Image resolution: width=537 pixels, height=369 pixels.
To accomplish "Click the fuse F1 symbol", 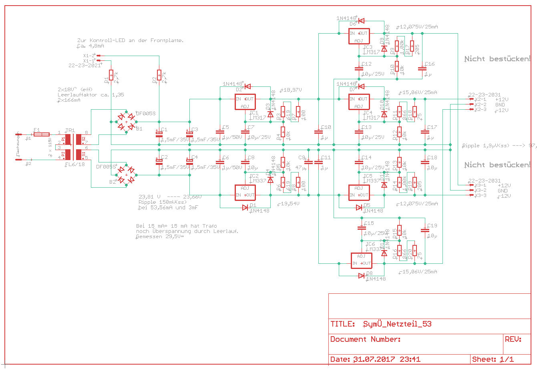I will click(x=41, y=134).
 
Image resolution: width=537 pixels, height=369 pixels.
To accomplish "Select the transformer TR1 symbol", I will click(x=73, y=146).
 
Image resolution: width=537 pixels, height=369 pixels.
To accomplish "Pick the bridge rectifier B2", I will click(x=126, y=175).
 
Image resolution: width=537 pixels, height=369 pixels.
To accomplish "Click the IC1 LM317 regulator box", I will click(x=245, y=102).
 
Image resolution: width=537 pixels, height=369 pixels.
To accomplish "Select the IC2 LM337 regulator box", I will click(x=245, y=192).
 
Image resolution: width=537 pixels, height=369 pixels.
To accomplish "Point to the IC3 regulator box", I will click(x=359, y=36).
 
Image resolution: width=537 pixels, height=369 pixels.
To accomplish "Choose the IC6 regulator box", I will click(x=361, y=260).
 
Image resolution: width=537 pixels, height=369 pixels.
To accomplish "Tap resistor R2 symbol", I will click(x=159, y=75).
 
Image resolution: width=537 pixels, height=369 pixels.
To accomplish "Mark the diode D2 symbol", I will click(x=247, y=86).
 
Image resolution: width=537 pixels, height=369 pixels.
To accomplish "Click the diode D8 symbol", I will click(x=361, y=275).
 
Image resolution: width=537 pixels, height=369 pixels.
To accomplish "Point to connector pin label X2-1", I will click(x=481, y=99).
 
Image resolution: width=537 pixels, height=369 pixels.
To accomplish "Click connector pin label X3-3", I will click(x=481, y=195).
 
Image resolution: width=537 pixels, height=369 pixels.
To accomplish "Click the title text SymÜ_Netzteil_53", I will click(x=397, y=324).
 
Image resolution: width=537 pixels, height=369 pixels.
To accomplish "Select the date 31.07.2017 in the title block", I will click(x=374, y=359).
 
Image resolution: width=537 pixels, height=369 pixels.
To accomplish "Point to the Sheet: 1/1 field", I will click(x=493, y=359).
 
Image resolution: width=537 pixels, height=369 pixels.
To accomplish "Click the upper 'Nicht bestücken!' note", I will click(x=497, y=59).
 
